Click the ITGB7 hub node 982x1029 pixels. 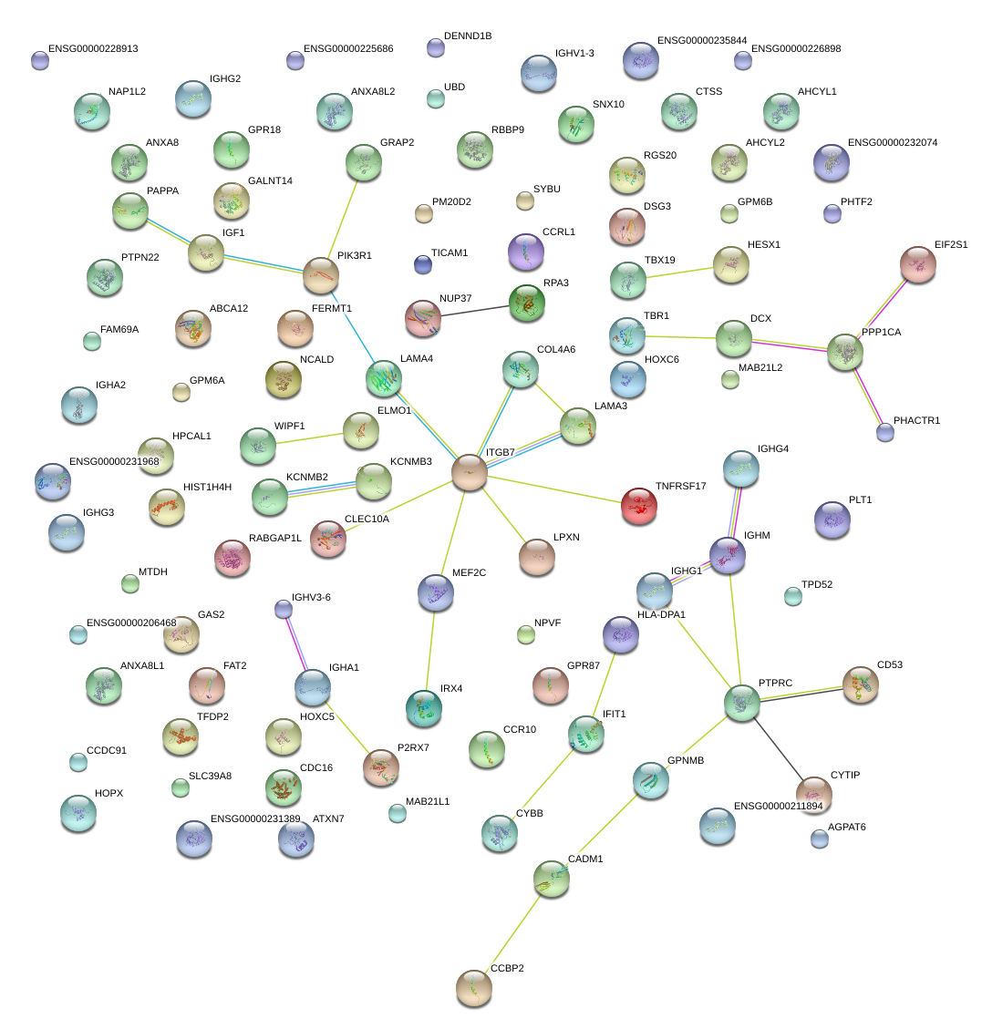(x=470, y=472)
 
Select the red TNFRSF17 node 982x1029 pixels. (x=639, y=506)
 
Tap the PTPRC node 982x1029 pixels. (x=742, y=703)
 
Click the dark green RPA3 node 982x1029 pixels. (x=527, y=303)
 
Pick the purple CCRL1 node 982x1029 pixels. (x=526, y=252)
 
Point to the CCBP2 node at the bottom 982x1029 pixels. (x=474, y=988)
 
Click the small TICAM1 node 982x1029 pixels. (x=423, y=264)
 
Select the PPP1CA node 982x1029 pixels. (x=845, y=353)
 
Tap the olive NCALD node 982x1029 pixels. (x=284, y=379)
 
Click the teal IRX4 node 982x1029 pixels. (x=424, y=708)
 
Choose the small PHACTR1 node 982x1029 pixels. (x=885, y=432)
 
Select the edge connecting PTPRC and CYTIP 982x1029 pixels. (x=778, y=748)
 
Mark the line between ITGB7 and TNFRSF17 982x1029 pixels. (x=554, y=489)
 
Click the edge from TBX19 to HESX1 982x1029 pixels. (x=679, y=273)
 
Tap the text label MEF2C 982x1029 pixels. (x=469, y=573)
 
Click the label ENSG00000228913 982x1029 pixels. (x=93, y=48)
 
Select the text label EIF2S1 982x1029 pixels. (x=951, y=245)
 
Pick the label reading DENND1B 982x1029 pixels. (x=468, y=36)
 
